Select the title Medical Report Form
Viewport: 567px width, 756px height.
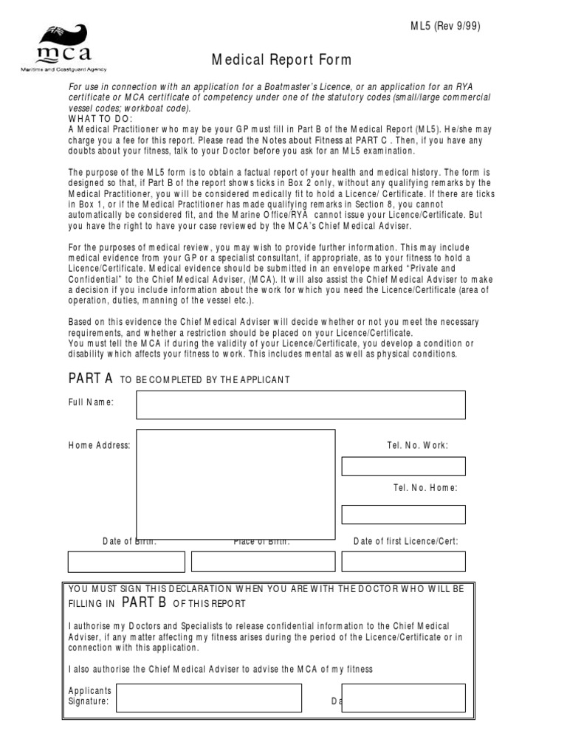pyautogui.click(x=283, y=60)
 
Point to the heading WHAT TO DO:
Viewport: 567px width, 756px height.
pyautogui.click(x=100, y=119)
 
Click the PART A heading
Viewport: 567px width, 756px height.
pyautogui.click(x=90, y=379)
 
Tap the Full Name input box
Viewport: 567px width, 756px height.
pyautogui.click(x=300, y=405)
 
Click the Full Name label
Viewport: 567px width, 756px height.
pyautogui.click(x=92, y=402)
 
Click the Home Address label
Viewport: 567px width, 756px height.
pyautogui.click(x=100, y=445)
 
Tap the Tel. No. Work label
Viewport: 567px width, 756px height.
pyautogui.click(x=417, y=445)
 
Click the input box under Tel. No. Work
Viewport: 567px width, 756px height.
pyautogui.click(x=403, y=466)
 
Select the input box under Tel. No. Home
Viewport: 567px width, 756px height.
pyautogui.click(x=403, y=515)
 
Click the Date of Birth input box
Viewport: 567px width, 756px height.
pyautogui.click(x=126, y=561)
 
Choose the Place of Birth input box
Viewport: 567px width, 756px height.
pyautogui.click(x=262, y=561)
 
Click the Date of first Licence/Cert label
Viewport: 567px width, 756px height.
pyautogui.click(x=406, y=541)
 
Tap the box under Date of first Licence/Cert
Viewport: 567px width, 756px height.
pyautogui.click(x=403, y=561)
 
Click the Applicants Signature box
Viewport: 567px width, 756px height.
pyautogui.click(x=208, y=698)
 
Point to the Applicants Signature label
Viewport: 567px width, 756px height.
pyautogui.click(x=89, y=696)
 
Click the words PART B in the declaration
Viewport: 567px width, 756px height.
pyautogui.click(x=144, y=602)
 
